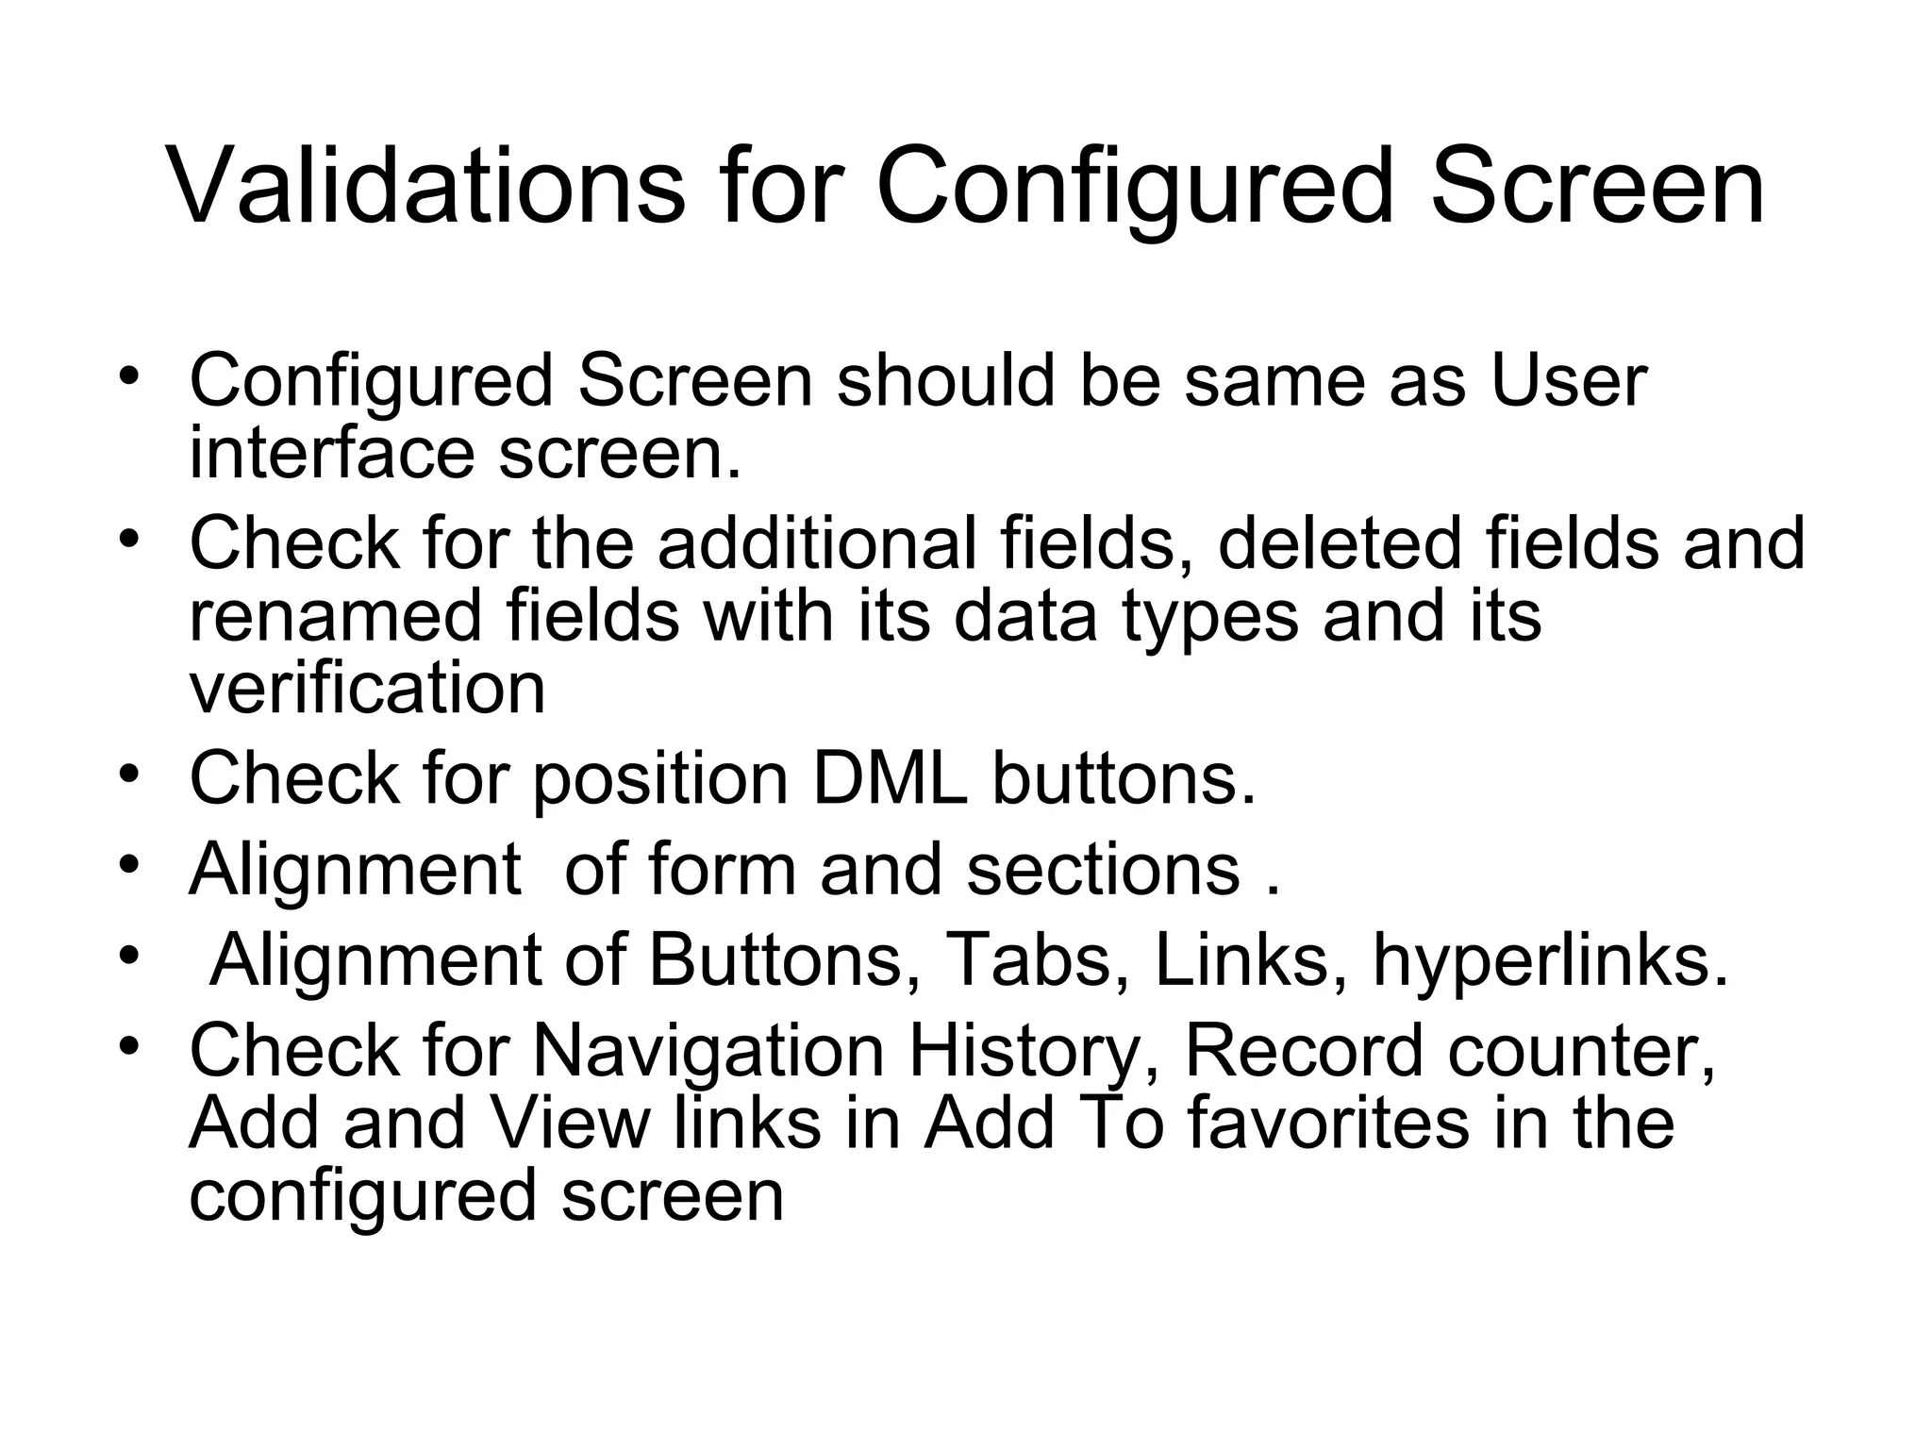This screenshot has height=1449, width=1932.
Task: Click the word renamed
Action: click(336, 616)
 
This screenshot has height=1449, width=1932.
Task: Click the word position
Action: click(660, 779)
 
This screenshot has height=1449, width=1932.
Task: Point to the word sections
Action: click(1102, 869)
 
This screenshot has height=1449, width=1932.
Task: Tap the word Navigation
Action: click(708, 1052)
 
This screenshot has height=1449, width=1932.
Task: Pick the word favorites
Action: click(1328, 1123)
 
